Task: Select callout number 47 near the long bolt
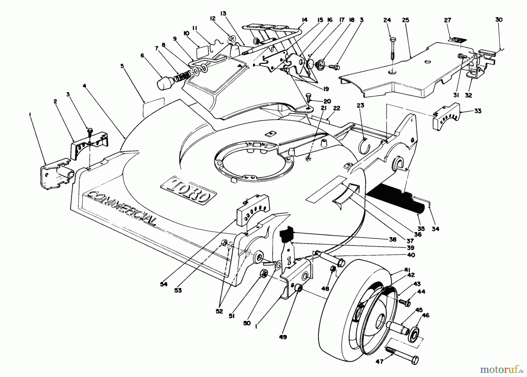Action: [x=380, y=362]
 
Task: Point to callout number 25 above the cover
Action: [x=405, y=20]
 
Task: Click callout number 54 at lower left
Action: [x=164, y=284]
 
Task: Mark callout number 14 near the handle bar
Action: [x=304, y=20]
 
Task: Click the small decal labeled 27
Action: [x=456, y=39]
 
